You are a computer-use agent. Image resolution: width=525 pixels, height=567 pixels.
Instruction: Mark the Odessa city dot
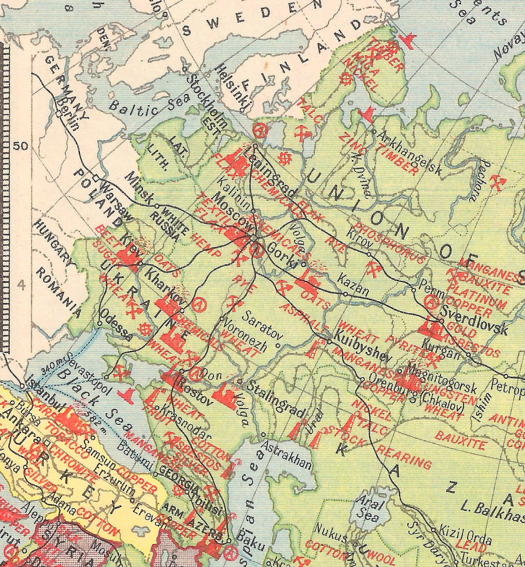[x=99, y=324]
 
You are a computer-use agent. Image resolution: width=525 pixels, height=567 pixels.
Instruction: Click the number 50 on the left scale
[x=21, y=146]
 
